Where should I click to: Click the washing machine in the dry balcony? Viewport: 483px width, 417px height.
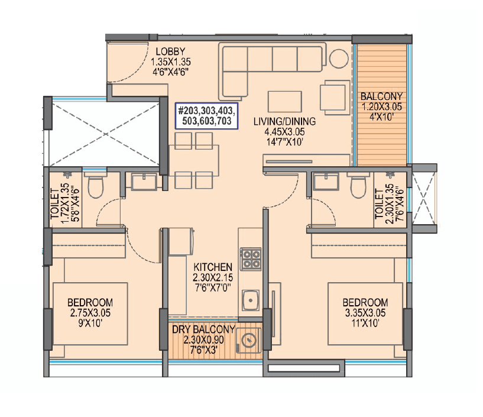click(x=247, y=342)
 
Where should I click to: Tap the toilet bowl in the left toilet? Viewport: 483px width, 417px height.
click(x=96, y=189)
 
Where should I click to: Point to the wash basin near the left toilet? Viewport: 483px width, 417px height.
click(x=144, y=181)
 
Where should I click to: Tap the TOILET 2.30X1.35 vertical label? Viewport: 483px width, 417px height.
click(x=382, y=203)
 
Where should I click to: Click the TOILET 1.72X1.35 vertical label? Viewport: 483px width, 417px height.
click(x=67, y=203)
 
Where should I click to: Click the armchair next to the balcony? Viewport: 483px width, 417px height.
click(x=333, y=96)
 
